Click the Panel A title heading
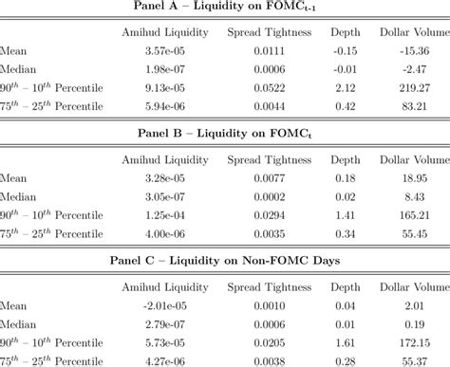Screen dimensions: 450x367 click(225, 8)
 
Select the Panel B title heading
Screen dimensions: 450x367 click(225, 130)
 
